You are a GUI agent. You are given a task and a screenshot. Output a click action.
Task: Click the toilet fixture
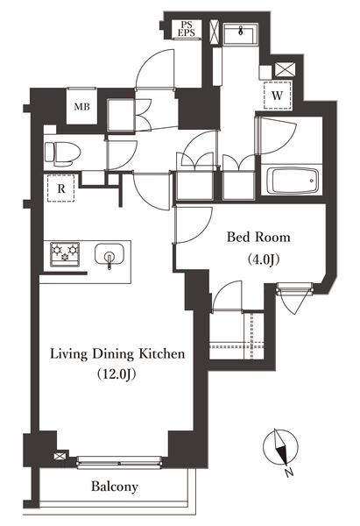coord(63,154)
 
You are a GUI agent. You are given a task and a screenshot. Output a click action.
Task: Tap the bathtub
coord(293,181)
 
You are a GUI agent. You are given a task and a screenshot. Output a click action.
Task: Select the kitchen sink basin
coord(109,255)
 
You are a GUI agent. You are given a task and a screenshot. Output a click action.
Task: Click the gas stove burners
coord(65,254)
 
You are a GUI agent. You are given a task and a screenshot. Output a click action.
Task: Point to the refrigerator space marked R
coord(60,188)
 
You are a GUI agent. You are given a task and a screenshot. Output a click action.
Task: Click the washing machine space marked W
coord(277,96)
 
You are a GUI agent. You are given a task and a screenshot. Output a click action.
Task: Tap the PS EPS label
coord(186,29)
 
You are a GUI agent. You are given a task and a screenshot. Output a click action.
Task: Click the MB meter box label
coord(82,107)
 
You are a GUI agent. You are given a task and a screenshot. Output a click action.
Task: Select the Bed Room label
coord(258,238)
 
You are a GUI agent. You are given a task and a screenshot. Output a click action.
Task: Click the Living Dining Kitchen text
coord(117,354)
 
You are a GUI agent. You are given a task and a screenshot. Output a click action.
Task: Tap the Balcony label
coord(115,487)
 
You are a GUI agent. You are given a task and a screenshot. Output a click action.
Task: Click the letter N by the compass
coord(289,473)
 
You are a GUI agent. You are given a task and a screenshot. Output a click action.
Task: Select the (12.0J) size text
coord(116,374)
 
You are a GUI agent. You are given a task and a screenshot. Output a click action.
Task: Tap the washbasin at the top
coord(240,33)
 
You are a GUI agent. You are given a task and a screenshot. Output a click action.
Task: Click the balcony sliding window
coord(119,462)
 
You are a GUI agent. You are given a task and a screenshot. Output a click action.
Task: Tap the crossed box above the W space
coord(286,70)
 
